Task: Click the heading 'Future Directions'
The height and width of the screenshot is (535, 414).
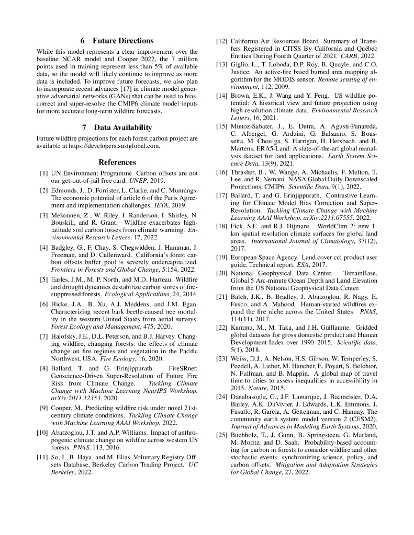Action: [x=124, y=41]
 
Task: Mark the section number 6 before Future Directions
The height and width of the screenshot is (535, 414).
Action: [x=83, y=41]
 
